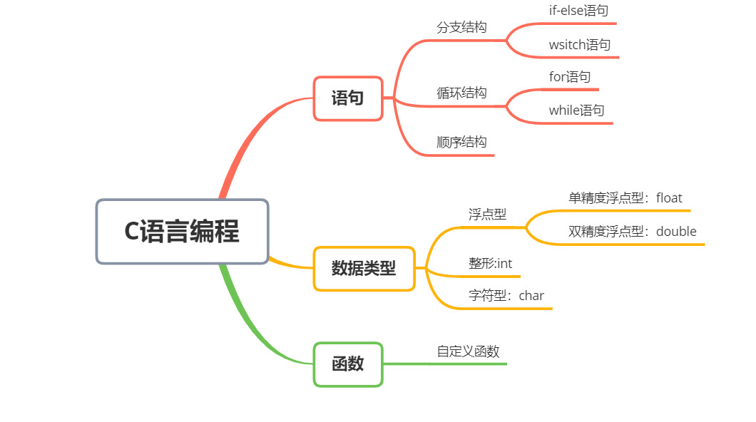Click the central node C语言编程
[x=182, y=232]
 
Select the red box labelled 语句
[x=348, y=98]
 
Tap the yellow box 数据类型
[x=364, y=268]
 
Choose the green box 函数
[x=348, y=364]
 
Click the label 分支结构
[x=461, y=27]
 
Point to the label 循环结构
[x=461, y=93]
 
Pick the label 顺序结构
[x=461, y=142]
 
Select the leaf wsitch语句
[x=579, y=45]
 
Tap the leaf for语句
[x=569, y=76]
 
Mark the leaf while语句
[x=576, y=110]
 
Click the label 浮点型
[x=487, y=214]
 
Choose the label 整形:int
[x=490, y=263]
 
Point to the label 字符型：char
[x=506, y=295]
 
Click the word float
[x=669, y=197]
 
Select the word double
[x=676, y=231]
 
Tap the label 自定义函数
[x=468, y=351]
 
